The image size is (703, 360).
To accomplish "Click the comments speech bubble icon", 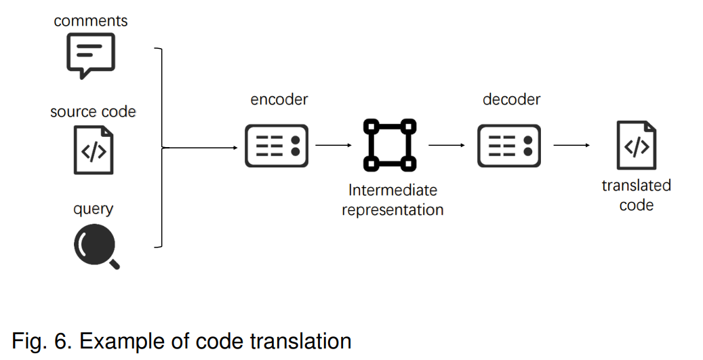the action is [91, 56].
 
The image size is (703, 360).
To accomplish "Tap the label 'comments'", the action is [91, 20].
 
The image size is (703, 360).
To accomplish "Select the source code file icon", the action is [94, 151].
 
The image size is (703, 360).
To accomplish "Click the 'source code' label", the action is [93, 112].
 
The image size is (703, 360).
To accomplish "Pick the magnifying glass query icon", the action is [97, 247].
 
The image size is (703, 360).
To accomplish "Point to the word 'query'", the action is [94, 209].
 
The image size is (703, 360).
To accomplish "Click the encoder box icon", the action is [277, 146].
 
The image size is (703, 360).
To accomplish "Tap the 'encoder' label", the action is [279, 99].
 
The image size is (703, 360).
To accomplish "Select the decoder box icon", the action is [509, 146].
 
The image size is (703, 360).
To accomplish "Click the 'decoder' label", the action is [512, 99].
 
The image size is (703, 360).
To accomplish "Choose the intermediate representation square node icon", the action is [390, 144].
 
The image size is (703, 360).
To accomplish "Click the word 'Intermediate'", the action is [393, 190].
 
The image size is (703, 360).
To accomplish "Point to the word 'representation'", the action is [393, 209].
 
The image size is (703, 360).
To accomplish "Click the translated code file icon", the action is [637, 145].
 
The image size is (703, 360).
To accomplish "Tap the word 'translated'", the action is [636, 185].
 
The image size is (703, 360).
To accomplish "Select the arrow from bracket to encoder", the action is [200, 148].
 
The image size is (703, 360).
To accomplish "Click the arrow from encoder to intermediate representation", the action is [334, 145].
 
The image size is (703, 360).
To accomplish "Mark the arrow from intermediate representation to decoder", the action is [447, 145].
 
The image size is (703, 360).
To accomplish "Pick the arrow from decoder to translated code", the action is [571, 145].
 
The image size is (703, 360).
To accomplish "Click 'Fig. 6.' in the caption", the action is [42, 342].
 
